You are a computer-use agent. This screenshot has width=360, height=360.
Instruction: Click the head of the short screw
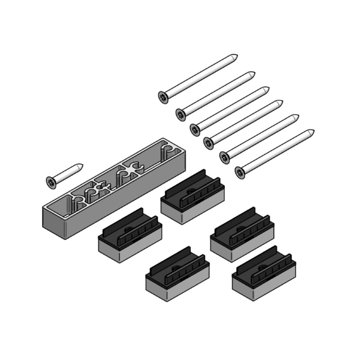[51, 182]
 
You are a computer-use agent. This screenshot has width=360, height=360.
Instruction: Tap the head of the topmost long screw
[163, 97]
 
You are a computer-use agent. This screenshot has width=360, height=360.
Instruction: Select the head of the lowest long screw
[240, 172]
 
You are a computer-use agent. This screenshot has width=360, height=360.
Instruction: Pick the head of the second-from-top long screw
[181, 114]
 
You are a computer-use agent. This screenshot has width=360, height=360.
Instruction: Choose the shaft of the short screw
[67, 174]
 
